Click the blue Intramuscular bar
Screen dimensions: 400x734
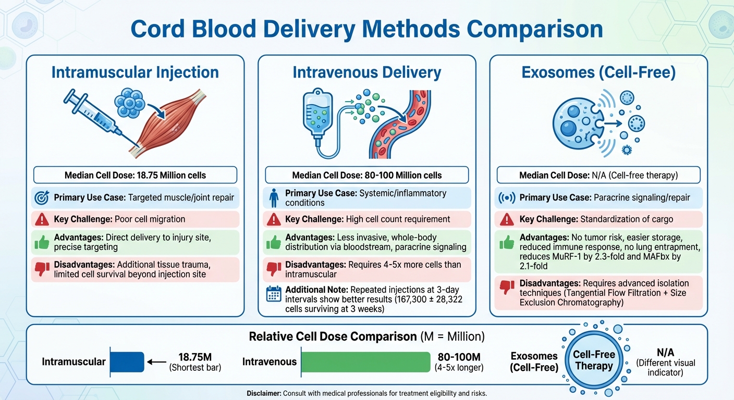pyautogui.click(x=127, y=362)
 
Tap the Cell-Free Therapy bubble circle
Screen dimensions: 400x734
pyautogui.click(x=594, y=360)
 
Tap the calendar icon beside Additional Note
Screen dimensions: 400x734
pyautogui.click(x=274, y=294)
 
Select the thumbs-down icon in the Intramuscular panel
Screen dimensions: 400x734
pyautogui.click(x=42, y=269)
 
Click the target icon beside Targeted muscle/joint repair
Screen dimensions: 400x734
pyautogui.click(x=42, y=198)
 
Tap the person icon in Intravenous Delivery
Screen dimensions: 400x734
pyautogui.click(x=274, y=198)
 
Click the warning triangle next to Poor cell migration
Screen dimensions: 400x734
pyautogui.click(x=42, y=219)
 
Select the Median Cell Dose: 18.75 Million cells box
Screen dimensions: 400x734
pyautogui.click(x=135, y=174)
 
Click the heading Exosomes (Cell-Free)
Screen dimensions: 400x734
pyautogui.click(x=598, y=72)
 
